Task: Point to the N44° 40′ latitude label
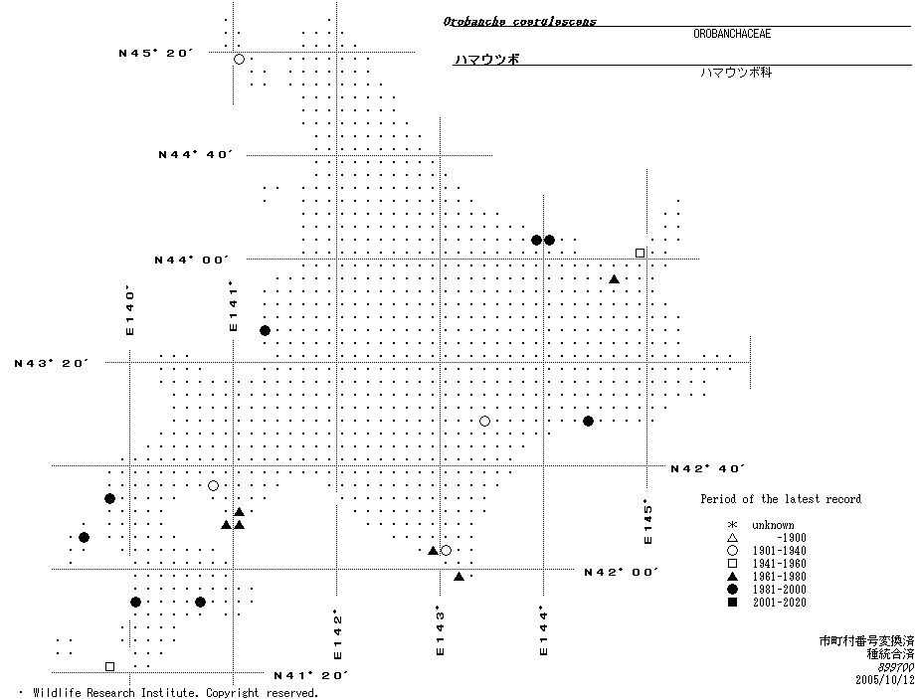point(196,154)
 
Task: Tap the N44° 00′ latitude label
point(192,260)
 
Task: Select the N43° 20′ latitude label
point(52,363)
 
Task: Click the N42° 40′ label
point(708,468)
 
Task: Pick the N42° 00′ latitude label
point(622,572)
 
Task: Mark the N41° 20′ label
point(310,675)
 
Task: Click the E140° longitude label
point(129,310)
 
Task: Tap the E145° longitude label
point(648,521)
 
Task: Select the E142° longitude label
point(338,634)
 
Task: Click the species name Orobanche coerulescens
point(520,21)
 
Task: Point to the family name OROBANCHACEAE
point(732,34)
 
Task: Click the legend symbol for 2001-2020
point(732,603)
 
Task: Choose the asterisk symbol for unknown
point(732,525)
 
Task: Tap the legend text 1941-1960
point(779,564)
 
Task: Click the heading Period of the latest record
point(780,499)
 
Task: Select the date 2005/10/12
point(883,680)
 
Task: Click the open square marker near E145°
point(640,253)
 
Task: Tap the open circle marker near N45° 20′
point(239,60)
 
